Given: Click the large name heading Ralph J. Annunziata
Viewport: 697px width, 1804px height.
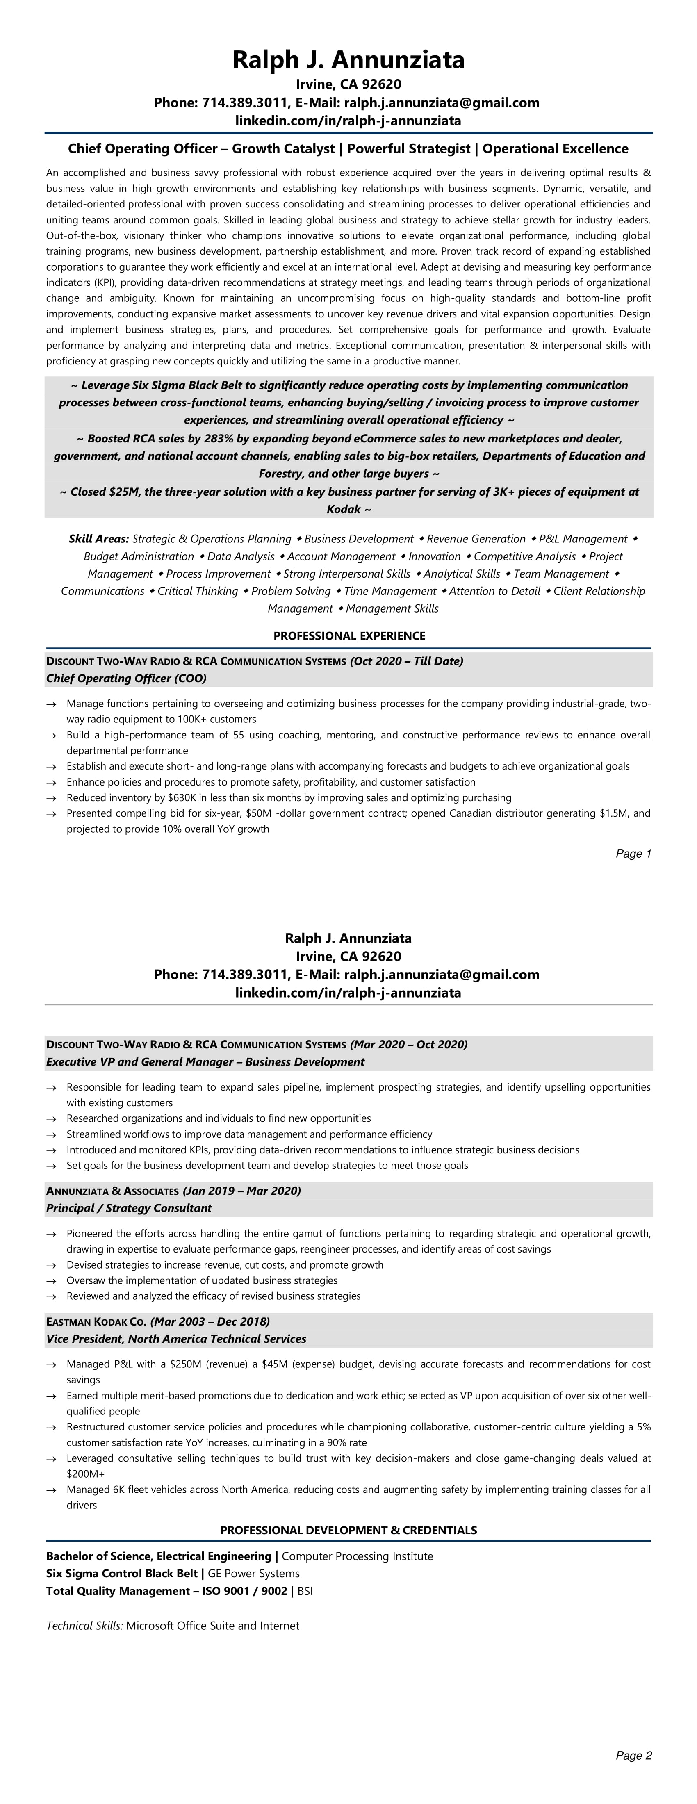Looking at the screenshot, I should [348, 60].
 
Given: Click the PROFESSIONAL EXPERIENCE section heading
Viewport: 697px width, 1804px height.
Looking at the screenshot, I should [349, 636].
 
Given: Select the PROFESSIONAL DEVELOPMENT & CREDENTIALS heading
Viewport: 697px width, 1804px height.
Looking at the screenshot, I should [348, 1530].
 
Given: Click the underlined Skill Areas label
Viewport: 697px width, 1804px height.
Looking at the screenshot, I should [99, 539].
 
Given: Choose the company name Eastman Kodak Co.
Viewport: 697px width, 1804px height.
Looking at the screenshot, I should [96, 1322].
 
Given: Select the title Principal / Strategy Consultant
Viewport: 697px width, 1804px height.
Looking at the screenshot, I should [129, 1208].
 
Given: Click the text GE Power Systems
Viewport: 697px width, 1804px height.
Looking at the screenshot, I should [253, 1574].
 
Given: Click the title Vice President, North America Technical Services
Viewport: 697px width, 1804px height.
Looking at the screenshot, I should [176, 1339].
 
